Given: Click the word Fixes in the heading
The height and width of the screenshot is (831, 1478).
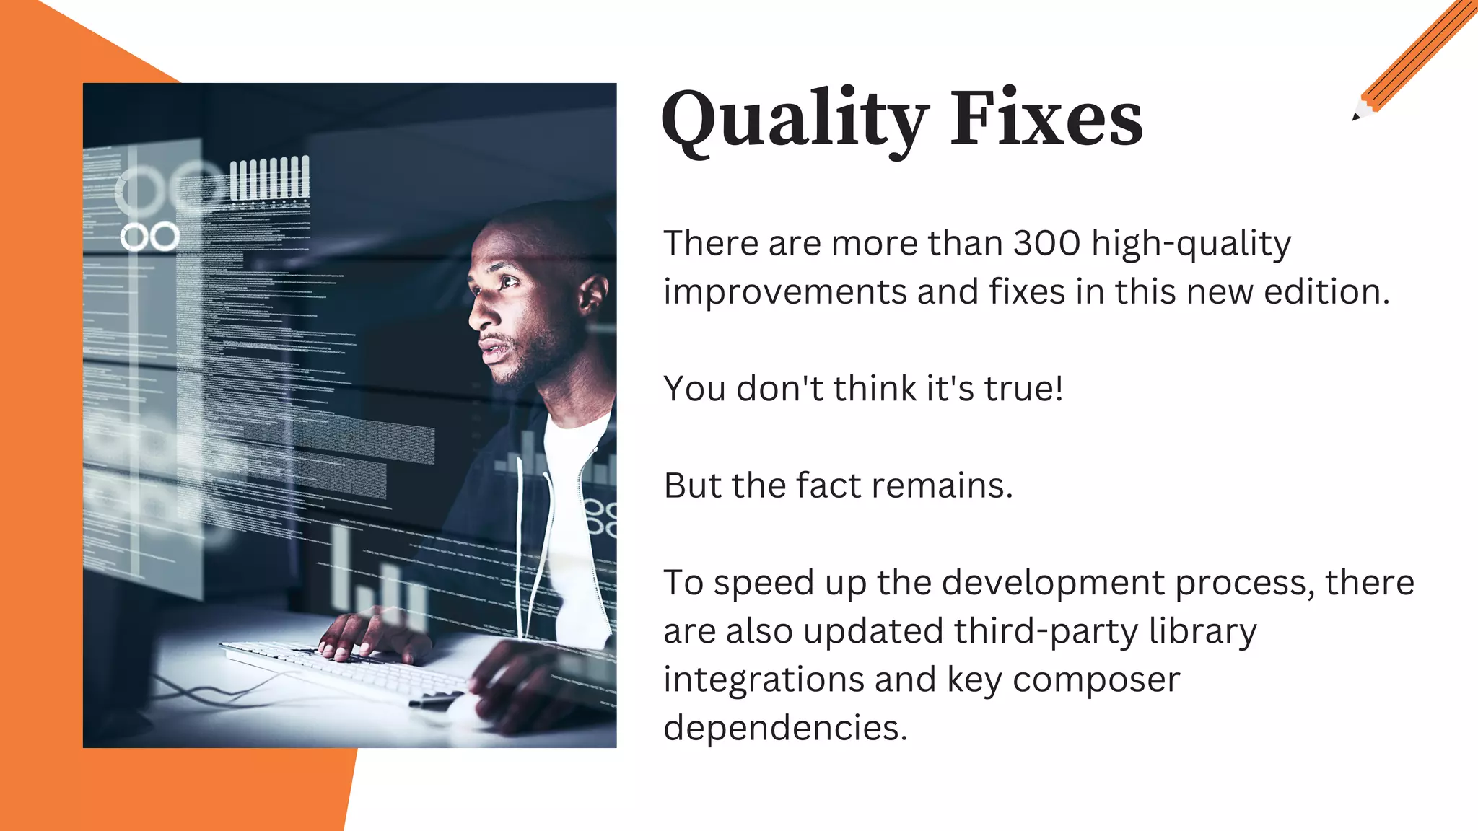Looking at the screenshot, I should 1046,118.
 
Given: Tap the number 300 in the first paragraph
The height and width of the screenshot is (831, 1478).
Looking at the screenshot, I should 1046,243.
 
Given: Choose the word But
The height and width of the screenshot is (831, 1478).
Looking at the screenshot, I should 693,485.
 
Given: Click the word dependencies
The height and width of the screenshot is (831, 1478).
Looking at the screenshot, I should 785,728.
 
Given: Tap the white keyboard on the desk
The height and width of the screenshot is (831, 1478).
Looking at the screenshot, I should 339,668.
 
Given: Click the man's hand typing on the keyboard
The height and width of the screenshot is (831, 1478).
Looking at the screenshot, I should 364,635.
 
